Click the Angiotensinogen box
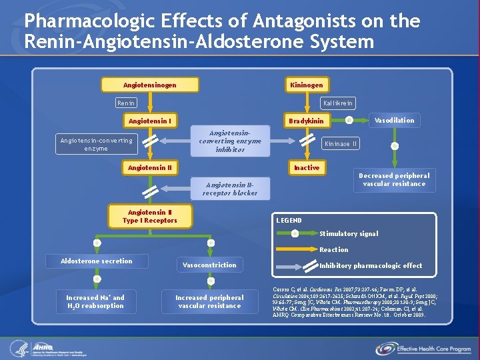tap(150, 85)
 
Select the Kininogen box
tap(307, 85)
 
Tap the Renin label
tap(126, 103)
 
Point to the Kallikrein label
tap(338, 103)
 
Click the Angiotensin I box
tap(150, 121)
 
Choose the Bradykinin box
tap(307, 121)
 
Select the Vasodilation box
tap(394, 121)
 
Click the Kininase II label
tap(341, 143)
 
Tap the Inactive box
tap(307, 167)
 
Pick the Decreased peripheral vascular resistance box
tap(394, 180)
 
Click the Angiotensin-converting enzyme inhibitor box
tap(230, 141)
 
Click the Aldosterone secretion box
tap(97, 261)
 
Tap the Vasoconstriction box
tap(209, 265)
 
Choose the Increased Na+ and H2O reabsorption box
tap(95, 302)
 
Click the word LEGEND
tap(289, 221)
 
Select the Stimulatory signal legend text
tap(349, 234)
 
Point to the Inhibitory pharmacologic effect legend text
tap(371, 266)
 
